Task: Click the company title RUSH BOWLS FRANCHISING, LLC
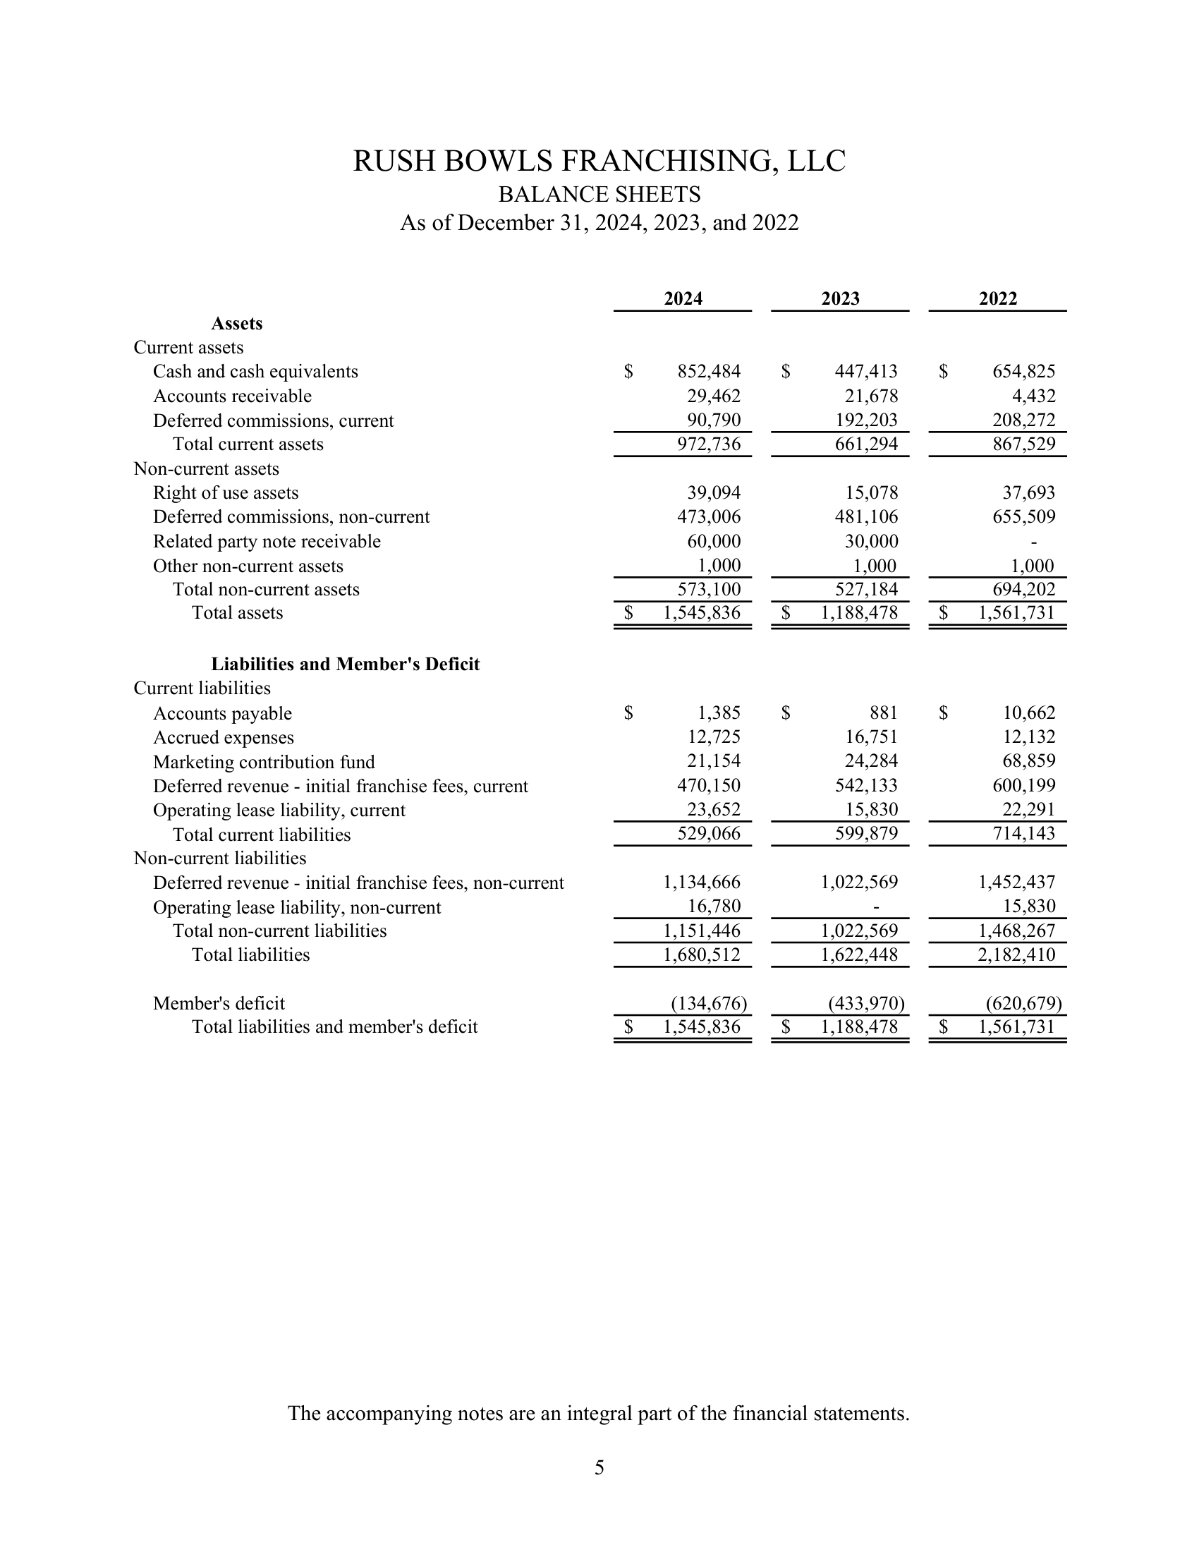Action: coord(599,162)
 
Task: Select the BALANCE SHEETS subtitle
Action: coord(599,194)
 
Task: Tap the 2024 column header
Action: coord(683,298)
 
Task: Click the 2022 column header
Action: coord(997,298)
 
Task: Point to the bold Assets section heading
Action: coord(236,324)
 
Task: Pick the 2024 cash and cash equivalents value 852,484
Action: coord(708,372)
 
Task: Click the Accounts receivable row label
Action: coord(232,396)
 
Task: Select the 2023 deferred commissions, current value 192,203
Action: coord(866,420)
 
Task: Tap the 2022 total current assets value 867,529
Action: coord(1023,444)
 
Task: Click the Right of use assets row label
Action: coord(226,493)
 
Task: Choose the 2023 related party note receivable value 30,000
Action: coord(872,542)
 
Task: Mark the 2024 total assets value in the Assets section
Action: coord(702,612)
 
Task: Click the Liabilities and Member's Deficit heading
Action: coord(345,665)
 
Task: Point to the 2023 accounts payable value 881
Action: coord(883,713)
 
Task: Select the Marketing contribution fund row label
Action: coord(264,763)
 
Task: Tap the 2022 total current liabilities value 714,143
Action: coord(1023,834)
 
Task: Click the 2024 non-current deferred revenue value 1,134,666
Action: coord(702,883)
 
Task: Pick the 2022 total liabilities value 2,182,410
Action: coord(1016,954)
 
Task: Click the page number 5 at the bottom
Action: coord(599,1467)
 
